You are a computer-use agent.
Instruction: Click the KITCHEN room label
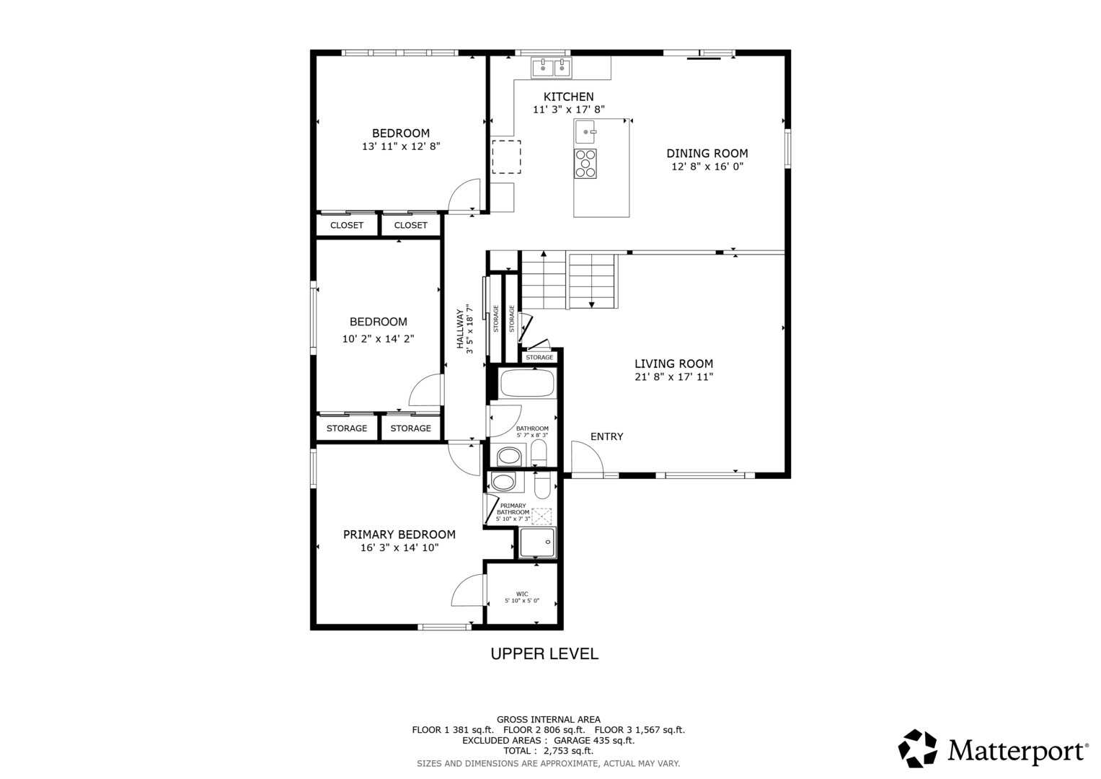coord(568,97)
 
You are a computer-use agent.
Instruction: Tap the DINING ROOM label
coord(707,154)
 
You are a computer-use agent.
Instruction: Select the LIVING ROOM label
coord(673,364)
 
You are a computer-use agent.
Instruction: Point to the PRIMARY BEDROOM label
coord(399,534)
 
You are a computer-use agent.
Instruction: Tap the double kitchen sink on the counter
coord(552,68)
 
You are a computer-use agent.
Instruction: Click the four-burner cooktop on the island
coord(585,163)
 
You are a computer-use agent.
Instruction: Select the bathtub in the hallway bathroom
coord(527,383)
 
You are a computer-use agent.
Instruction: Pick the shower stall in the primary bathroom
coord(538,543)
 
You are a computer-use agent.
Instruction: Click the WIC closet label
coord(522,594)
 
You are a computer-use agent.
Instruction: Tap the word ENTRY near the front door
coord(606,436)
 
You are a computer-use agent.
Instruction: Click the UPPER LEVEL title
coord(544,653)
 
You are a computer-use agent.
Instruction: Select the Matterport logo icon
coord(917,749)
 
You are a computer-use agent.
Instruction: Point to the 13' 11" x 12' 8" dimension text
coord(401,146)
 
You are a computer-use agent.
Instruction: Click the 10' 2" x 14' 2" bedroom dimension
coord(379,339)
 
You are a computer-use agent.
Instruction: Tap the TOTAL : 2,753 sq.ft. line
coord(548,751)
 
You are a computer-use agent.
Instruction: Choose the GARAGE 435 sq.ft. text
coord(594,741)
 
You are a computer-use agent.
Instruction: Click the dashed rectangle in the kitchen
coord(506,157)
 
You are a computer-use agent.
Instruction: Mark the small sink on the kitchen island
coord(585,132)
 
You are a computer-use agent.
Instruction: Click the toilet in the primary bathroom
coord(543,486)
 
